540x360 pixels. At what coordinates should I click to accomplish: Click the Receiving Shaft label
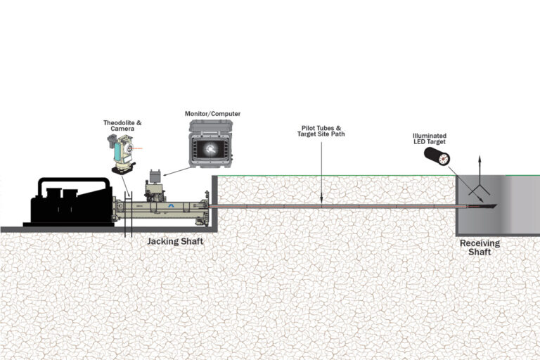coord(480,247)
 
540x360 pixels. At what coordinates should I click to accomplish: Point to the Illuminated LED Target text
coord(429,140)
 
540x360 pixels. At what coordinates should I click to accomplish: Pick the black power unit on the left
coord(70,203)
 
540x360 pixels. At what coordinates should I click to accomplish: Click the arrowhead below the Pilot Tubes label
coord(321,202)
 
